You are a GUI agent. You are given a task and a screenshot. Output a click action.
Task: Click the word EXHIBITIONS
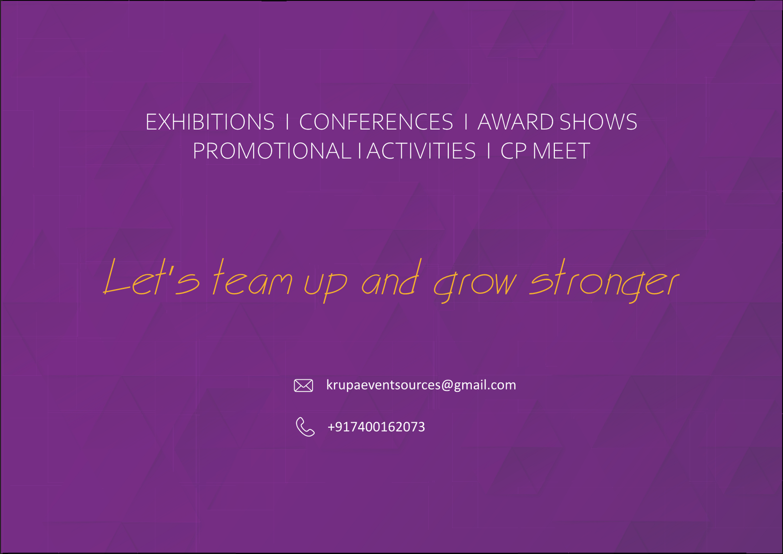pyautogui.click(x=210, y=122)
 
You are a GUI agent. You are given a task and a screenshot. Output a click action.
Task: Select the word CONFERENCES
pyautogui.click(x=376, y=122)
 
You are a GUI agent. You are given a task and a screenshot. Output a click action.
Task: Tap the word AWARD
pyautogui.click(x=516, y=122)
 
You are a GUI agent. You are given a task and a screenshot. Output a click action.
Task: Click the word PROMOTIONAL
pyautogui.click(x=272, y=151)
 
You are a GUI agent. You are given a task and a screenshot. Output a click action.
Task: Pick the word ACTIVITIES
pyautogui.click(x=421, y=151)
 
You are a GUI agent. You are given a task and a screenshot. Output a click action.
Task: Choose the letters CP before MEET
pyautogui.click(x=513, y=151)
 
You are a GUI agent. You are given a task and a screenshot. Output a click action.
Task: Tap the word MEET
pyautogui.click(x=561, y=151)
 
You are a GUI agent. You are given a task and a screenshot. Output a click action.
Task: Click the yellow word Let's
pyautogui.click(x=151, y=277)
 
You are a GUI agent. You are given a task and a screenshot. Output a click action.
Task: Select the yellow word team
pyautogui.click(x=253, y=277)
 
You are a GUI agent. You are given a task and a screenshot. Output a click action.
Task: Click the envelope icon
pyautogui.click(x=303, y=385)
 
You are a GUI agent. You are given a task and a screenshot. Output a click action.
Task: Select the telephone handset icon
pyautogui.click(x=305, y=427)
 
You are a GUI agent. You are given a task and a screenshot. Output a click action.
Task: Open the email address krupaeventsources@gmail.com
pyautogui.click(x=421, y=385)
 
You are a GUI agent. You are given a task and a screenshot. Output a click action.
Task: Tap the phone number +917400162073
pyautogui.click(x=376, y=427)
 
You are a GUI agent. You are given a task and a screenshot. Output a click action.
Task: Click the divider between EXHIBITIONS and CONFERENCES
pyautogui.click(x=287, y=122)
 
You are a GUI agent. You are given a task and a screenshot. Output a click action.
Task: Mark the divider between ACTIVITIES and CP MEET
pyautogui.click(x=489, y=151)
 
